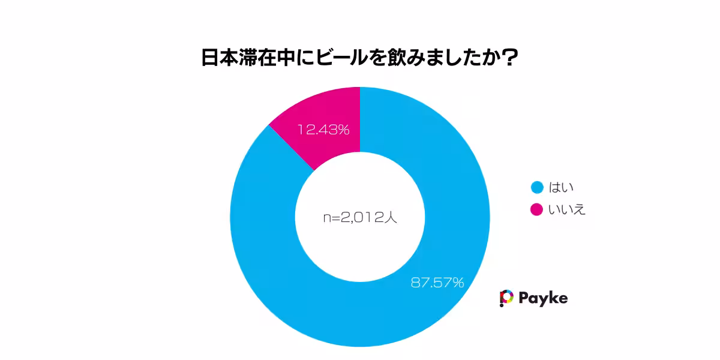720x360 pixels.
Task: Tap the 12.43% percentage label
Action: pyautogui.click(x=323, y=129)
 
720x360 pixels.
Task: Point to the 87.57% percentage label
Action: pyautogui.click(x=437, y=282)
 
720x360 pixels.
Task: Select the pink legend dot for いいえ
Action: pyautogui.click(x=537, y=209)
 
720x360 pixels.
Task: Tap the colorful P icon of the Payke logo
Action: pyautogui.click(x=506, y=298)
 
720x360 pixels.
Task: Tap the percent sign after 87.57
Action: pyautogui.click(x=458, y=282)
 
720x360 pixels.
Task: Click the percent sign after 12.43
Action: pyautogui.click(x=343, y=129)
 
